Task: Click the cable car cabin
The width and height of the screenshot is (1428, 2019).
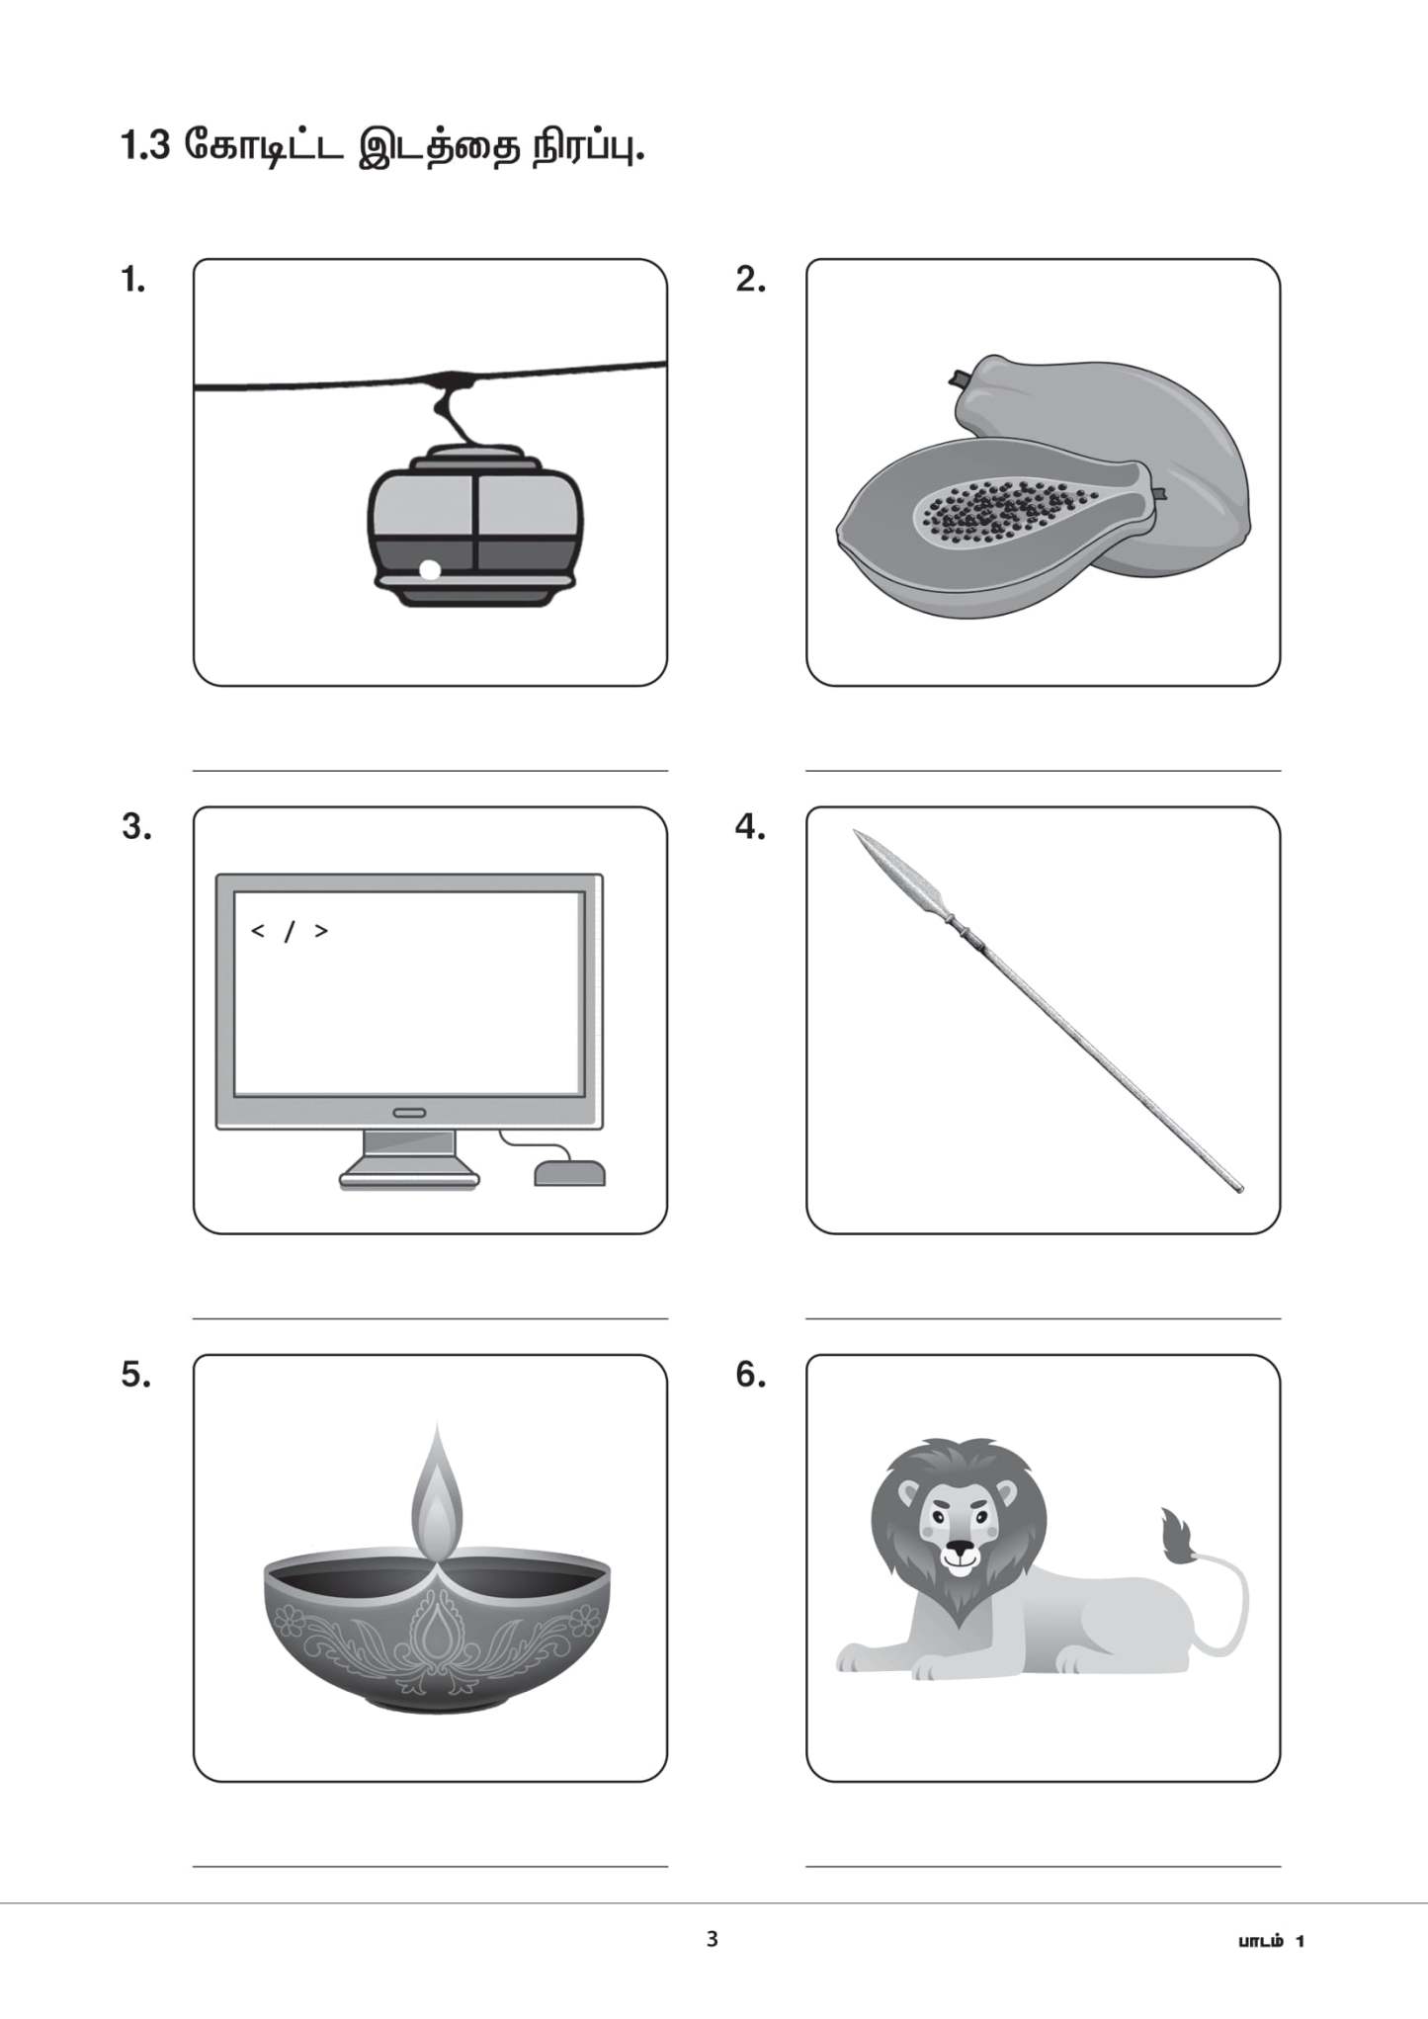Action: tap(474, 529)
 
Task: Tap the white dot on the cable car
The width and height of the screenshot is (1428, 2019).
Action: tap(430, 570)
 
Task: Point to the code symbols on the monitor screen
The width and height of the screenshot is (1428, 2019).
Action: tap(290, 931)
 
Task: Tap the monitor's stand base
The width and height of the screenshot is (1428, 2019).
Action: tap(409, 1177)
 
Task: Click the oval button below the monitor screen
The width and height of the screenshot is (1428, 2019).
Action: tap(409, 1113)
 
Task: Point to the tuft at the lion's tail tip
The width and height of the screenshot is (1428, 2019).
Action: tap(1178, 1537)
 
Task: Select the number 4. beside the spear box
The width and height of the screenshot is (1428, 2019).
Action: tap(750, 827)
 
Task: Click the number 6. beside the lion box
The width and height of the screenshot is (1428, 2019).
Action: tap(750, 1375)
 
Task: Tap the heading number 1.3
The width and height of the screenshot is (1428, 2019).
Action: tap(145, 146)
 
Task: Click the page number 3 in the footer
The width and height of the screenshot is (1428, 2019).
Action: tap(713, 1939)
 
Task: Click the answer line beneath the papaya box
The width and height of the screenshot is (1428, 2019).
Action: tap(1043, 770)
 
